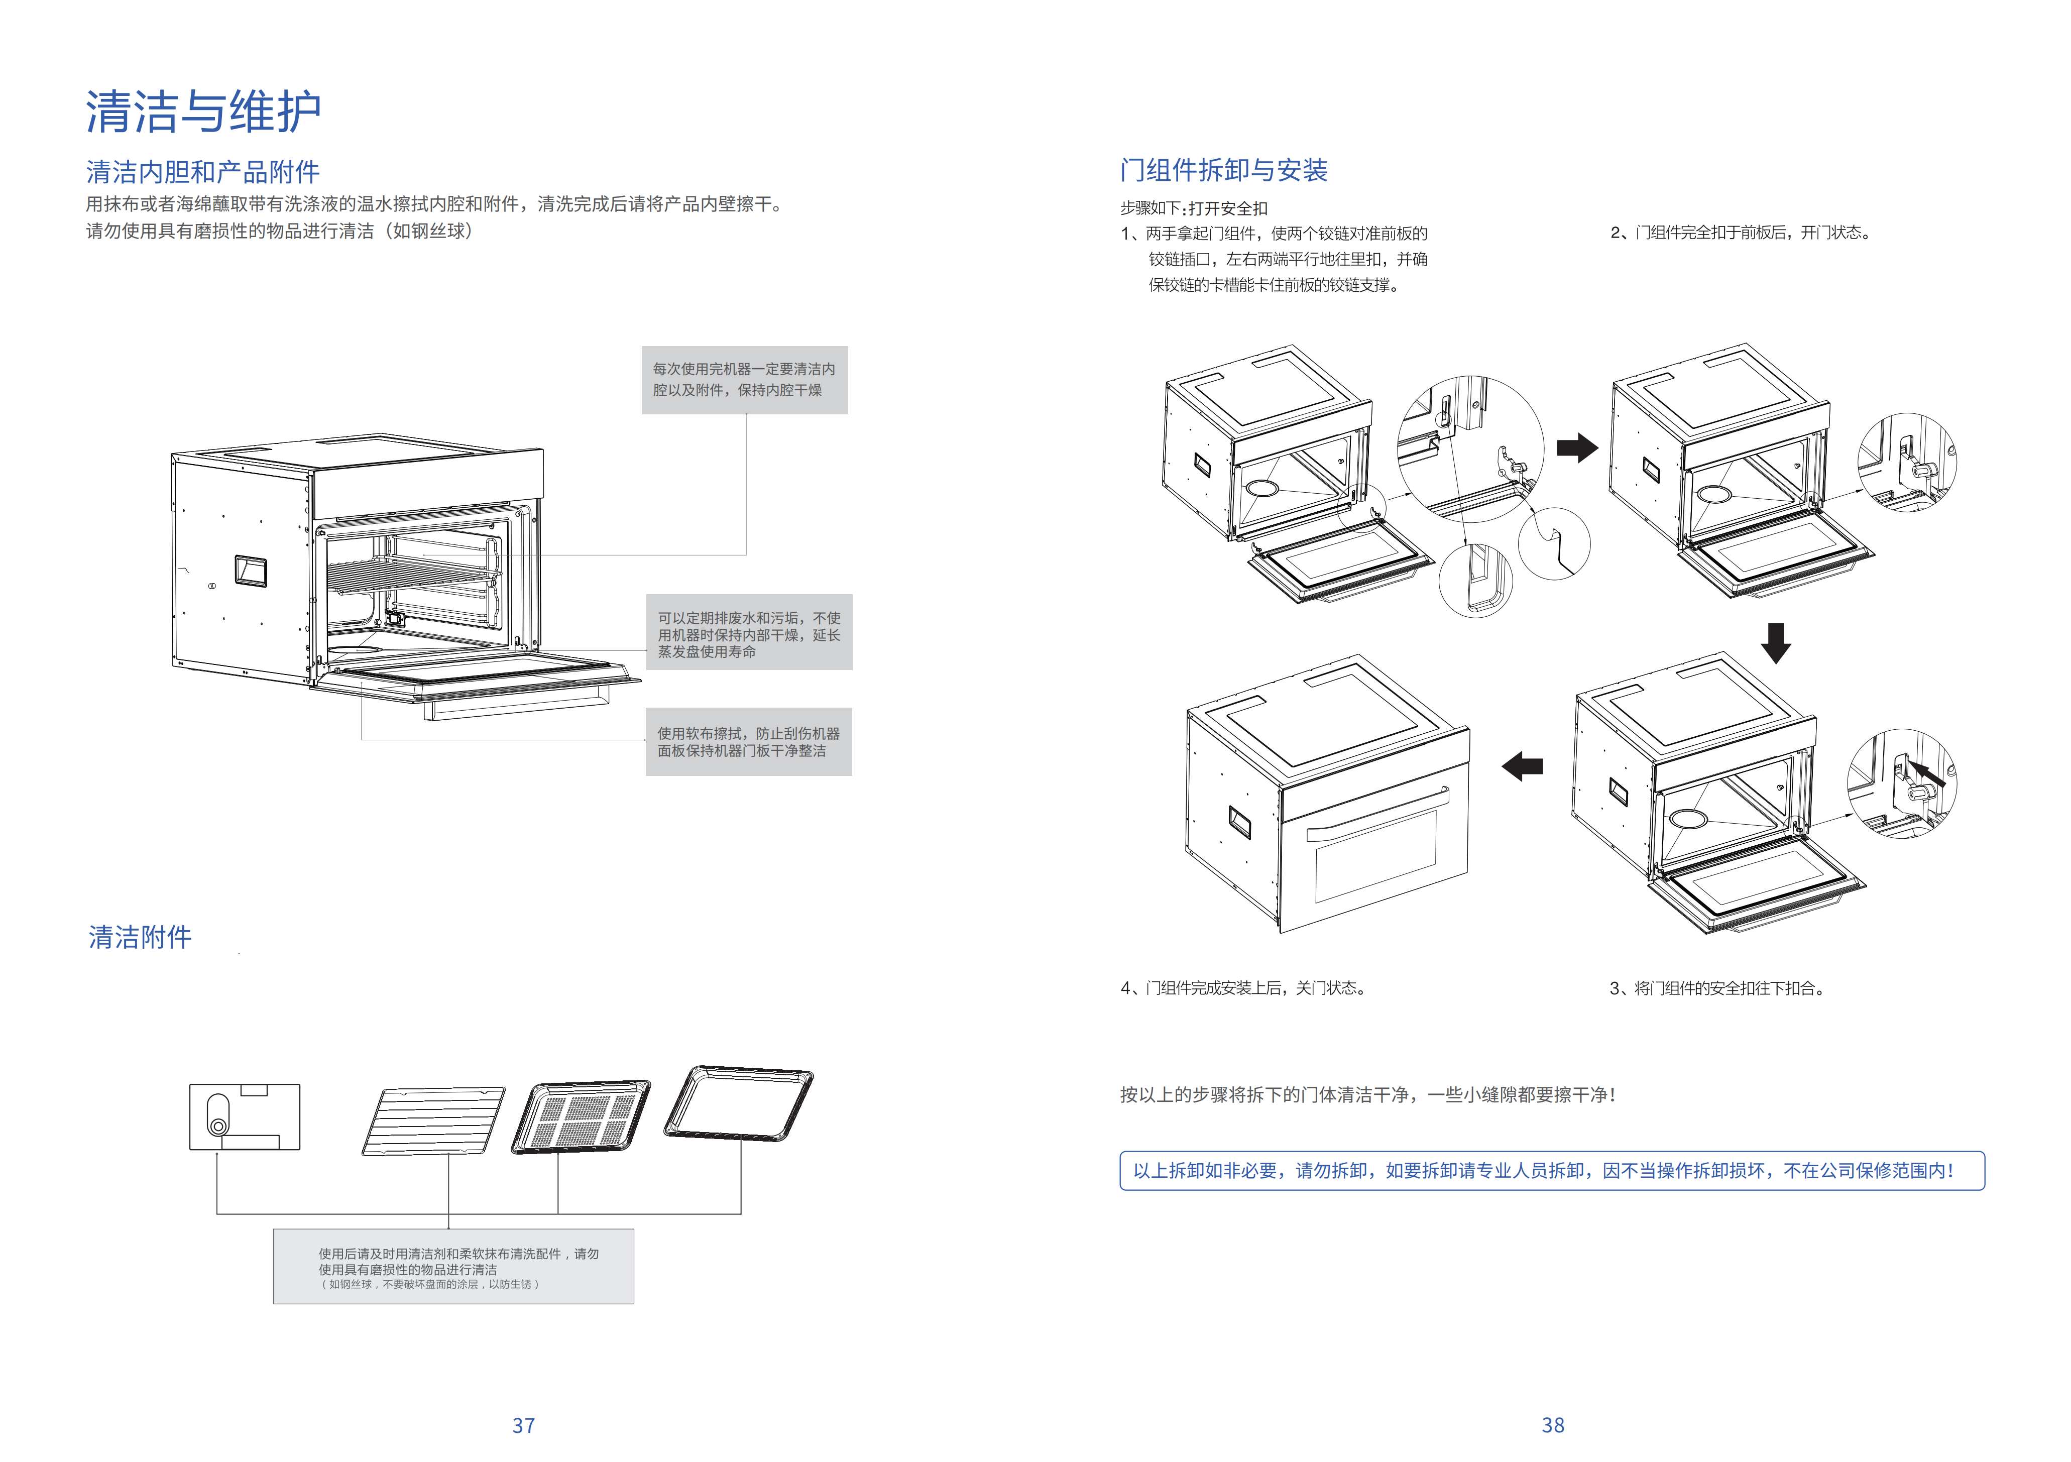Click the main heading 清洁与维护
[x=203, y=112]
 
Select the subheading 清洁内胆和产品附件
[x=203, y=171]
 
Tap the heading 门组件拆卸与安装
[x=1223, y=170]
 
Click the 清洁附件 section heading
[x=140, y=937]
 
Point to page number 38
[x=1552, y=1425]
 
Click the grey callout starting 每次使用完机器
[x=744, y=380]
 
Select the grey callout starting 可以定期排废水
[x=749, y=632]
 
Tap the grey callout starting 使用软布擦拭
[x=749, y=741]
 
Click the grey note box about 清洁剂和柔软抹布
[x=453, y=1266]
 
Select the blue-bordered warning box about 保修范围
[x=1551, y=1171]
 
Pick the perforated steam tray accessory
[x=581, y=1116]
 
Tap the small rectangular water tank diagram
[x=245, y=1116]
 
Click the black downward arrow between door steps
[x=1775, y=642]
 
